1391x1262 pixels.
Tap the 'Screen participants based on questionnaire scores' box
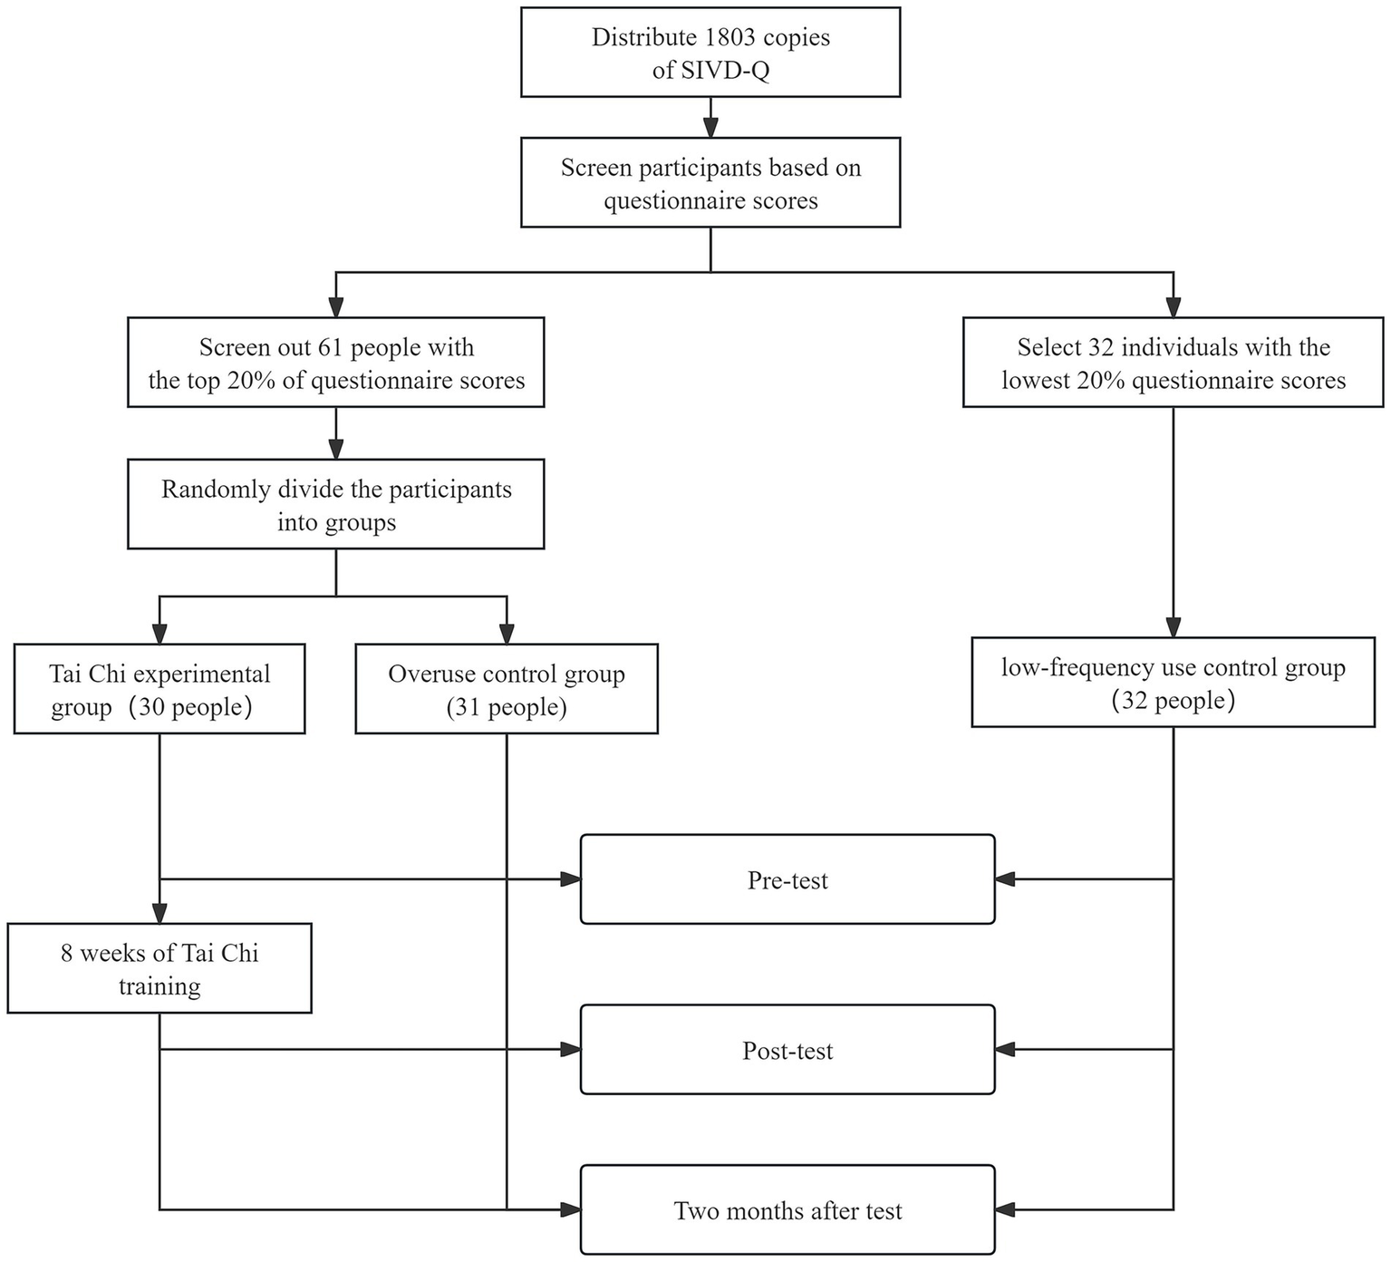pyautogui.click(x=710, y=183)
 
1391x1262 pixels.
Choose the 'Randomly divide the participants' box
pyautogui.click(x=336, y=504)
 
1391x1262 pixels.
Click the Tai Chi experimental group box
pyautogui.click(x=159, y=690)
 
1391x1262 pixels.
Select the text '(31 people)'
pyautogui.click(x=507, y=707)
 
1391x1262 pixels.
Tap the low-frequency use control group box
pyautogui.click(x=1173, y=684)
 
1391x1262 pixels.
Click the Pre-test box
pyautogui.click(x=787, y=880)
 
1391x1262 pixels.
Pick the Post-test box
pyautogui.click(x=787, y=1050)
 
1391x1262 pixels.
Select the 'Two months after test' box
pyautogui.click(x=787, y=1210)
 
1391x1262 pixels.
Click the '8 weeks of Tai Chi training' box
pyautogui.click(x=159, y=968)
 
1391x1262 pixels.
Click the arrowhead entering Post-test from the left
pyautogui.click(x=570, y=1050)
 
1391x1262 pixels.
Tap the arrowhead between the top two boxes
pyautogui.click(x=710, y=128)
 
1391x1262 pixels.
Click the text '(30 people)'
pyautogui.click(x=189, y=707)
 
